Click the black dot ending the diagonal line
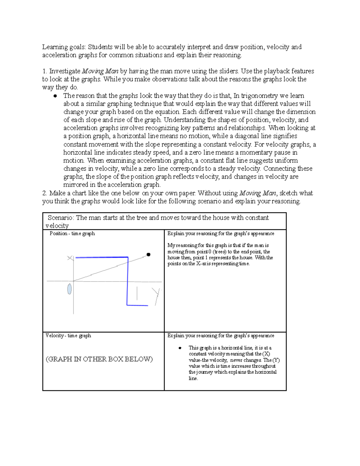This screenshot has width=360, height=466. point(148,254)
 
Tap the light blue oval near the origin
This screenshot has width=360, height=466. point(70,289)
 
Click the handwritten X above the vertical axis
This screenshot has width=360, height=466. point(70,258)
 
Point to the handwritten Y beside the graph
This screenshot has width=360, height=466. point(156,296)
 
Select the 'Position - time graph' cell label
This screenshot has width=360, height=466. point(72,233)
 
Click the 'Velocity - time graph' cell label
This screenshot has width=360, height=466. point(68,335)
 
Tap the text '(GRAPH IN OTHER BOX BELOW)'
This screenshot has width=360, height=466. point(99,359)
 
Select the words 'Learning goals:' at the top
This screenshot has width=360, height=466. point(64,47)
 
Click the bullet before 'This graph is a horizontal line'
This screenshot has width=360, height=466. point(180,348)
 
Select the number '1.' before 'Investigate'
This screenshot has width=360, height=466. point(45,71)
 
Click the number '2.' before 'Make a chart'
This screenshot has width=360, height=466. point(45,193)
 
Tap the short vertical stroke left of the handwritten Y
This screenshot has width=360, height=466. point(137,293)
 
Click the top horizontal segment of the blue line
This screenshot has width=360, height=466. point(102,257)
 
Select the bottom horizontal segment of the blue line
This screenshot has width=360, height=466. point(137,305)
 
